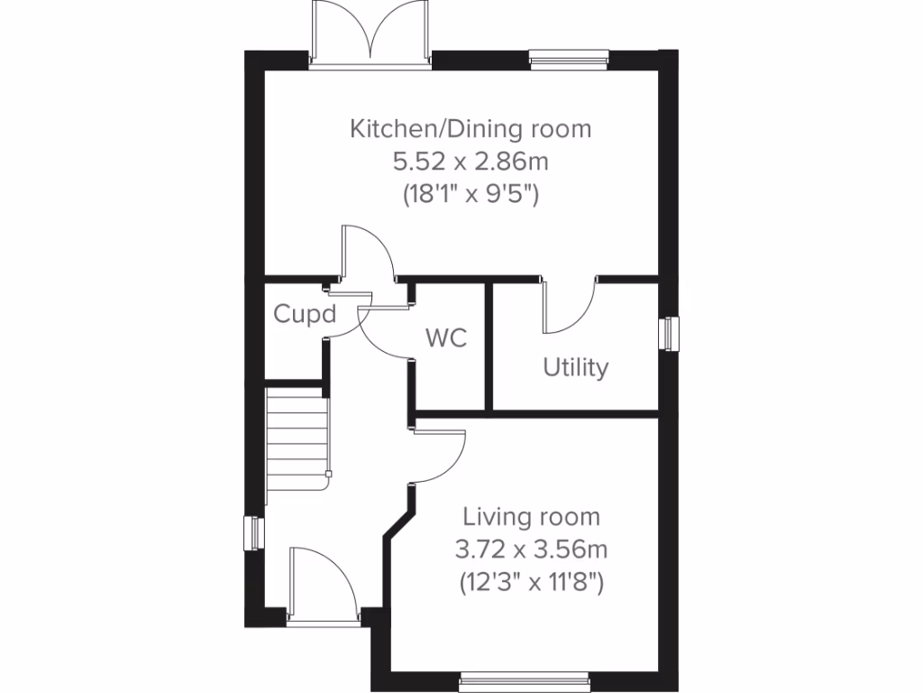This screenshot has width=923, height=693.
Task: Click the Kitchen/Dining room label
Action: (471, 129)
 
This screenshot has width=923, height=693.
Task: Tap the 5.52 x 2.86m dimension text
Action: (471, 162)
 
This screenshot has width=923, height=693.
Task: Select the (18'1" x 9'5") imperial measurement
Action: (471, 194)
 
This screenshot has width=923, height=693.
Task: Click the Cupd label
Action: (305, 315)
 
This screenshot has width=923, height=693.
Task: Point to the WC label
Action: (446, 339)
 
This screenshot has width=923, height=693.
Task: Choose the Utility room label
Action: (575, 368)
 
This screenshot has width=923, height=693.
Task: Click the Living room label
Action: (531, 517)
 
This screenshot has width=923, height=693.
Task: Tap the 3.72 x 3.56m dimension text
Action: (531, 550)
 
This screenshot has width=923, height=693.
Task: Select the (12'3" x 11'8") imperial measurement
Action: (531, 582)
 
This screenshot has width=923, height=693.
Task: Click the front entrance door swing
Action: (320, 582)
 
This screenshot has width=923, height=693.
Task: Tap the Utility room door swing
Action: (568, 307)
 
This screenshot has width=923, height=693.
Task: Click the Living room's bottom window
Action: (524, 678)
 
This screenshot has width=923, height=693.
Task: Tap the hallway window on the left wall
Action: (254, 531)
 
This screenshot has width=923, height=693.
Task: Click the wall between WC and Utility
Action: (490, 346)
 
